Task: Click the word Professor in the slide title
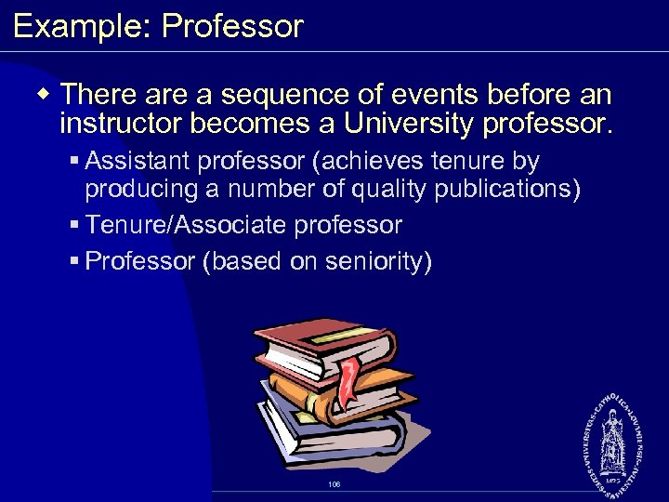232,25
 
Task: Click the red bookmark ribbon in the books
348,381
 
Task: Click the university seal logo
614,436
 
